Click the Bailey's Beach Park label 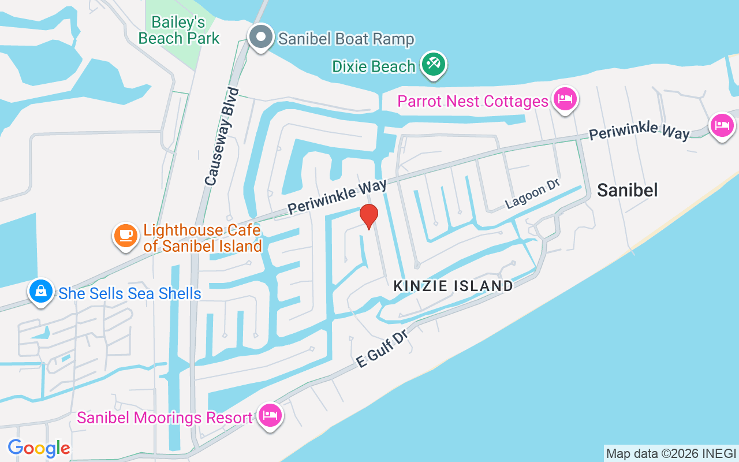pyautogui.click(x=179, y=31)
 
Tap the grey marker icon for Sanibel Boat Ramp pyautogui.click(x=261, y=37)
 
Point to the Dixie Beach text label pyautogui.click(x=374, y=66)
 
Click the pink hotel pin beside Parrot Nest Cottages pyautogui.click(x=565, y=99)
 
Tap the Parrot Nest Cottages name pyautogui.click(x=472, y=101)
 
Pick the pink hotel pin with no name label pyautogui.click(x=722, y=125)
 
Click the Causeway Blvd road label pyautogui.click(x=222, y=136)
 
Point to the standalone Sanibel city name pyautogui.click(x=627, y=190)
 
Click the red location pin pyautogui.click(x=368, y=216)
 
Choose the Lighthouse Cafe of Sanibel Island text pyautogui.click(x=201, y=238)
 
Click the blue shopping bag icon pyautogui.click(x=40, y=291)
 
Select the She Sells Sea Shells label pyautogui.click(x=129, y=293)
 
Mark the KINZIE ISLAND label pyautogui.click(x=453, y=285)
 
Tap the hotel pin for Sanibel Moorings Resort pyautogui.click(x=270, y=415)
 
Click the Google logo pyautogui.click(x=39, y=448)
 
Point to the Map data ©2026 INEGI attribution pyautogui.click(x=671, y=453)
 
